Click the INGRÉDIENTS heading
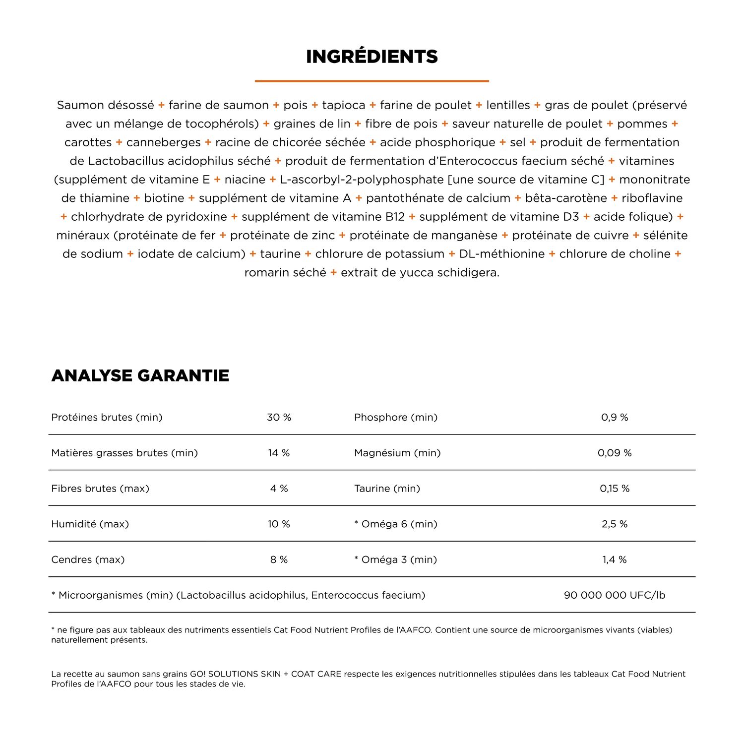pyautogui.click(x=372, y=57)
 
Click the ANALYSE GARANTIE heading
pyautogui.click(x=140, y=375)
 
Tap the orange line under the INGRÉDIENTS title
pyautogui.click(x=372, y=81)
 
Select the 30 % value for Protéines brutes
pyautogui.click(x=279, y=417)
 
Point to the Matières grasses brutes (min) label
pyautogui.click(x=124, y=453)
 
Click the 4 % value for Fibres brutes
pyautogui.click(x=279, y=489)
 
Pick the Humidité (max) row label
pyautogui.click(x=90, y=524)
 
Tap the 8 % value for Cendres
pyautogui.click(x=279, y=559)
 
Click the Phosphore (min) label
pyautogui.click(x=396, y=417)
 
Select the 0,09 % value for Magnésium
pyautogui.click(x=615, y=453)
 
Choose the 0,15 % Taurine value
pyautogui.click(x=615, y=489)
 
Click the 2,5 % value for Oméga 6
pyautogui.click(x=615, y=524)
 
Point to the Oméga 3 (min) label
pyautogui.click(x=399, y=559)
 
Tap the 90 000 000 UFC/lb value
pyautogui.click(x=615, y=595)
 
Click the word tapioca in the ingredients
pyautogui.click(x=343, y=105)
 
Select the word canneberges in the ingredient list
pyautogui.click(x=163, y=142)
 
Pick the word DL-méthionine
pyautogui.click(x=501, y=254)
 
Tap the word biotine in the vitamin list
pyautogui.click(x=164, y=198)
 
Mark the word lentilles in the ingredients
pyautogui.click(x=508, y=105)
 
